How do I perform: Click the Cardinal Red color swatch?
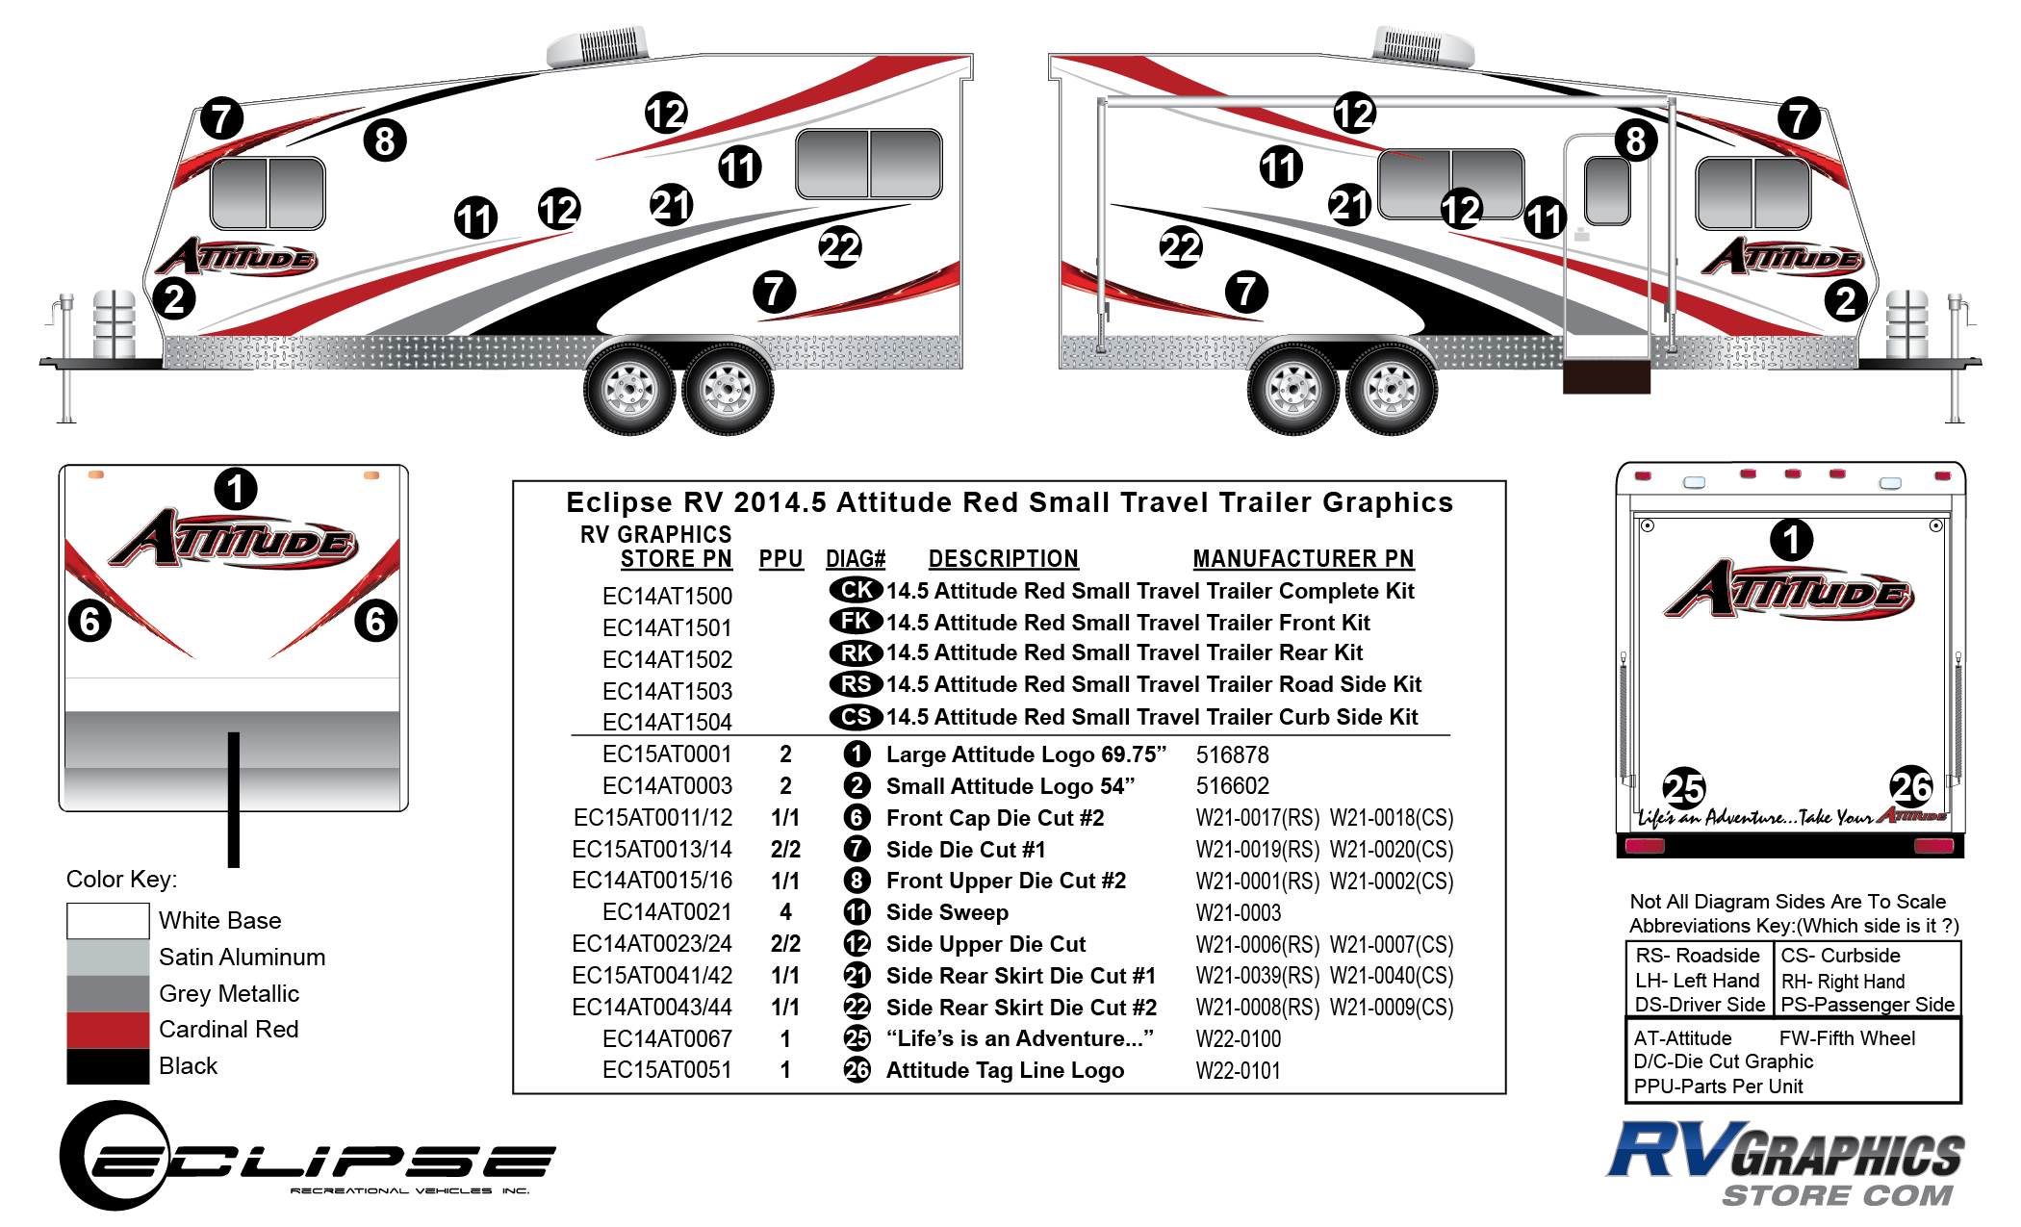[x=108, y=1030]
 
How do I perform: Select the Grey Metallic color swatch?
[x=108, y=994]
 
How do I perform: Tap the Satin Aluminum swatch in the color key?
[x=108, y=958]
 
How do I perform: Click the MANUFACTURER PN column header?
[x=1303, y=559]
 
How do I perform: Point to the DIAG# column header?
[x=856, y=559]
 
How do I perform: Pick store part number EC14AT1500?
[x=667, y=596]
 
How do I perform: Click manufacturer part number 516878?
[x=1232, y=754]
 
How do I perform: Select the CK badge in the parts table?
[x=856, y=590]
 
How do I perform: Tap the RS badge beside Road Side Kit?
[x=856, y=684]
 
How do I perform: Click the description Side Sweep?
[x=947, y=912]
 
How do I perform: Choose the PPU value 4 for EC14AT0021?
[x=785, y=912]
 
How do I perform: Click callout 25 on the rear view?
[x=1683, y=788]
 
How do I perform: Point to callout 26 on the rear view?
[x=1911, y=787]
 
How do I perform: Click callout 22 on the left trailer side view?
[x=840, y=247]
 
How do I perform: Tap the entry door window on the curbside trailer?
[x=1606, y=190]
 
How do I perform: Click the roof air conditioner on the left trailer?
[x=597, y=46]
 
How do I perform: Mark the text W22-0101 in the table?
[x=1239, y=1070]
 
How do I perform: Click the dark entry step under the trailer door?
[x=1606, y=377]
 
